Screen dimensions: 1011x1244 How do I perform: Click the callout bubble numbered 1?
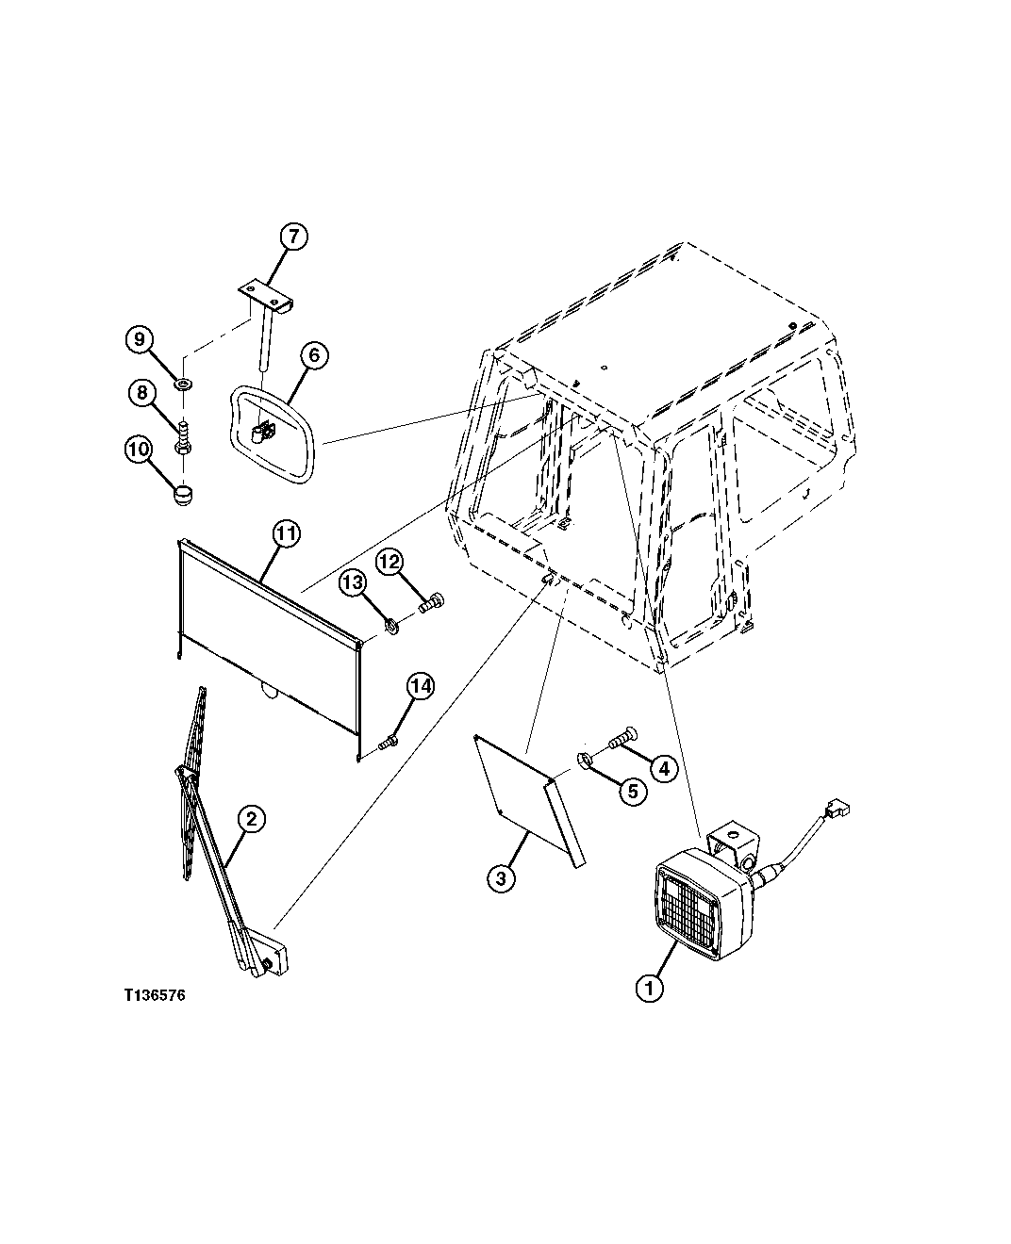click(x=649, y=989)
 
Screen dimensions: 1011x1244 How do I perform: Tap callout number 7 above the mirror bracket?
click(x=293, y=237)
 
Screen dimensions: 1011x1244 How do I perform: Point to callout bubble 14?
click(x=421, y=686)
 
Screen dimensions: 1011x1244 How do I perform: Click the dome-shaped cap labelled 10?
click(x=183, y=494)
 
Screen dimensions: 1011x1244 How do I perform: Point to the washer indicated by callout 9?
click(x=185, y=385)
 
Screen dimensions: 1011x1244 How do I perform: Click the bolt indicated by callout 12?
click(x=431, y=602)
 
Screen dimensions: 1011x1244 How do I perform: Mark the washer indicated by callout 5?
click(x=585, y=760)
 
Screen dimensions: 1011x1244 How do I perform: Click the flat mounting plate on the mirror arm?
click(x=265, y=298)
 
